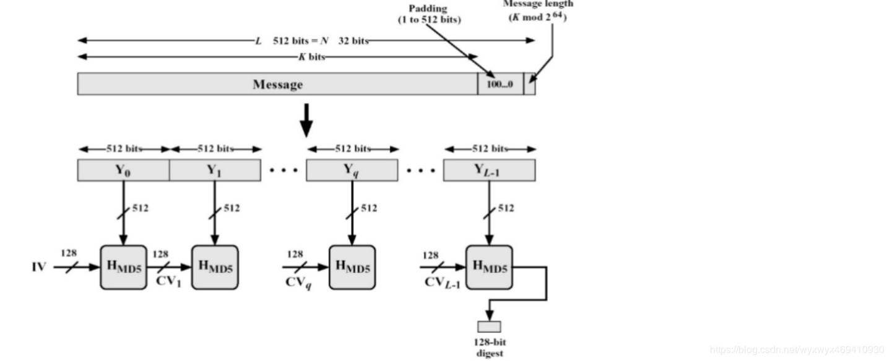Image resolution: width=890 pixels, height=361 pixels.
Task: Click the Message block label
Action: pos(278,84)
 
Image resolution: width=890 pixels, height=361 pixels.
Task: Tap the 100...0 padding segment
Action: pos(500,84)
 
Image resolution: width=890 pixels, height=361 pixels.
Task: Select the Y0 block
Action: pos(123,170)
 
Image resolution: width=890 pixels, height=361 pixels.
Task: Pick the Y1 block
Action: pos(215,170)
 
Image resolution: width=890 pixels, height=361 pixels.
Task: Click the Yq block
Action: pos(352,170)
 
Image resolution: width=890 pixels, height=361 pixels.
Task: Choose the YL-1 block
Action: pos(489,170)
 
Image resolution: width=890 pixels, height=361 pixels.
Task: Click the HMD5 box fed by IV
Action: pos(123,267)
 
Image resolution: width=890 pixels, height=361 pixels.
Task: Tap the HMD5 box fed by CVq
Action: pos(352,267)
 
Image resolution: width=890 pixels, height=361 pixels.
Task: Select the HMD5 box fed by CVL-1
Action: pos(489,267)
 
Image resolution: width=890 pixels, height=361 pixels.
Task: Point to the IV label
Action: pos(39,267)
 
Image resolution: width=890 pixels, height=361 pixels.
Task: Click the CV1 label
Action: pos(168,282)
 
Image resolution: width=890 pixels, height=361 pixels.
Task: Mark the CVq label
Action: pos(298,283)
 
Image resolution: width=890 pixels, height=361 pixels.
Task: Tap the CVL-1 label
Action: pos(443,283)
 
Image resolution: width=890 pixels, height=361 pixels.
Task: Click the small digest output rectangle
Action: pos(489,327)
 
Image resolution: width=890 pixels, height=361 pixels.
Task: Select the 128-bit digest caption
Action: pos(490,348)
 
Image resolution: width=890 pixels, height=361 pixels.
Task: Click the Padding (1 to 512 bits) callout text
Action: pos(429,14)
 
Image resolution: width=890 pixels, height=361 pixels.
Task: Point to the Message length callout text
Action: pos(538,11)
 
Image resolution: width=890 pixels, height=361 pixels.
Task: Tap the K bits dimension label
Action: pos(312,57)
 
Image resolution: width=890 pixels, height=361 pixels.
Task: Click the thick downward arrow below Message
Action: pos(306,121)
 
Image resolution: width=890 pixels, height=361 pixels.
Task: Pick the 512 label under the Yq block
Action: pos(369,208)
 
